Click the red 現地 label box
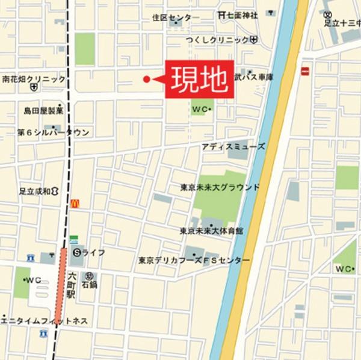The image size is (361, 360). click(x=199, y=79)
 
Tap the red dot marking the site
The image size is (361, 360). click(x=146, y=79)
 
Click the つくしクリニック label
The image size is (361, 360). click(x=220, y=40)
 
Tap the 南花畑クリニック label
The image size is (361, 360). click(x=34, y=79)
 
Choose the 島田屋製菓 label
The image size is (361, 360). click(x=44, y=111)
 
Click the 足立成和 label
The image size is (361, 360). click(x=35, y=191)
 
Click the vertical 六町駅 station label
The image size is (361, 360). click(x=71, y=284)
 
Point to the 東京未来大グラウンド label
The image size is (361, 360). click(x=220, y=187)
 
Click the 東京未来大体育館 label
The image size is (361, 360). click(x=211, y=231)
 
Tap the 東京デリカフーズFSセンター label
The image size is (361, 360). click(x=194, y=261)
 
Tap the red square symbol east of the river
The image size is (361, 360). click(x=306, y=72)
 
